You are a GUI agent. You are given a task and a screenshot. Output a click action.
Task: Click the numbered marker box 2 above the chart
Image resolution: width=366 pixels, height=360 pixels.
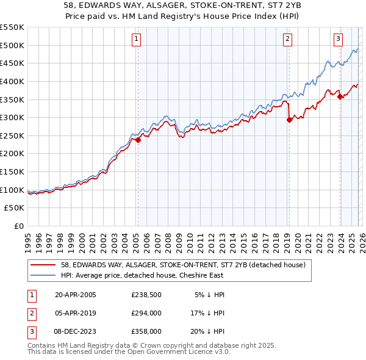287,39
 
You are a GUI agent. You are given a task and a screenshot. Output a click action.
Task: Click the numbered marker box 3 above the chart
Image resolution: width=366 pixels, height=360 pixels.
338,39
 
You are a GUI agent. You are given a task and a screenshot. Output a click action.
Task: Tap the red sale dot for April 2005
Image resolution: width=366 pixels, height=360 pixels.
138,140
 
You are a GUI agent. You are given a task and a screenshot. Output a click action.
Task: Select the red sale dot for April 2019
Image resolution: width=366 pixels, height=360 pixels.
289,120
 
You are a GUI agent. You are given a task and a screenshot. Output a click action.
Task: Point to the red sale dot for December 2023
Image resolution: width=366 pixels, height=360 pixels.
340,96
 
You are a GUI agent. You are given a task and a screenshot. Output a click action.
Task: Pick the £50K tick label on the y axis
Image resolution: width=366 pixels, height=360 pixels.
15,208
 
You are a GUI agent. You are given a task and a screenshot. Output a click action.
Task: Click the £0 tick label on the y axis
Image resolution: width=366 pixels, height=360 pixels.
18,226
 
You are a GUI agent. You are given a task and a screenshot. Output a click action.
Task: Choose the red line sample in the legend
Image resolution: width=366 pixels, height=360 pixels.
43,264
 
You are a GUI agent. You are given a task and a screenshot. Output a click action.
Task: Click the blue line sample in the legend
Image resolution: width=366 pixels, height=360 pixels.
43,275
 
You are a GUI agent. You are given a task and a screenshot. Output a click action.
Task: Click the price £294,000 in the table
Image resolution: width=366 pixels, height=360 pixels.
146,313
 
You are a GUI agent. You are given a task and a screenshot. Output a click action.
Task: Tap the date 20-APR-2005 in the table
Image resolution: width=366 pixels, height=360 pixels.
75,295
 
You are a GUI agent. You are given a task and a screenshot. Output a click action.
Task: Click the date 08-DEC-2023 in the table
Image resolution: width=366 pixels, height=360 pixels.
76,331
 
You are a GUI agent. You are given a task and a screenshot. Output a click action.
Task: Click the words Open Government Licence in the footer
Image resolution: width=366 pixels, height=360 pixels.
171,352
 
